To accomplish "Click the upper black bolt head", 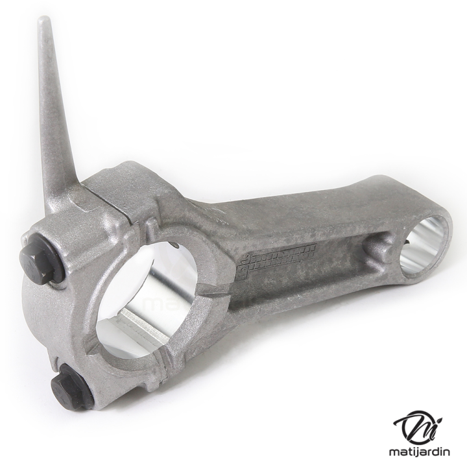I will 38,263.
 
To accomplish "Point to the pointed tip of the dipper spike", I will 44,20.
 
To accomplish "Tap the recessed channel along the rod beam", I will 305,272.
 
